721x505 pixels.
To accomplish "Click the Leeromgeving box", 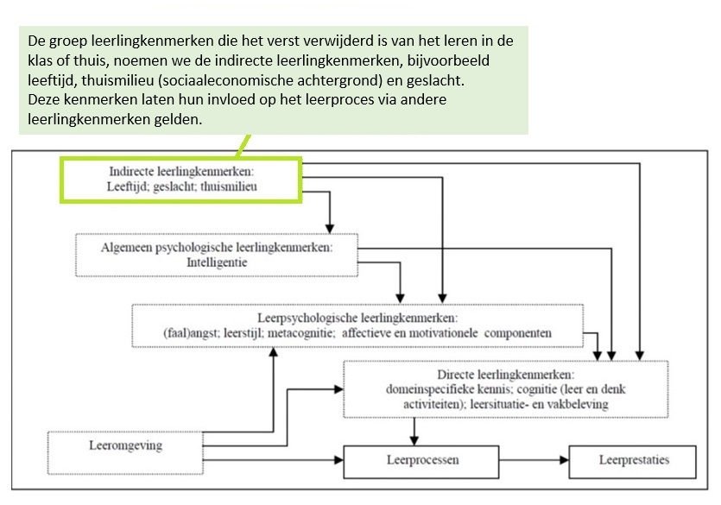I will (x=126, y=446).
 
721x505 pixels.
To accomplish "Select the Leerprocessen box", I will (x=421, y=461).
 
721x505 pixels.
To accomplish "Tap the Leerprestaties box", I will (x=634, y=460).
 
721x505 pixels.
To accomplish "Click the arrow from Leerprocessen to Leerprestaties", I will (x=534, y=462).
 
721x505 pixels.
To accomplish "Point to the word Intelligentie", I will (x=216, y=262).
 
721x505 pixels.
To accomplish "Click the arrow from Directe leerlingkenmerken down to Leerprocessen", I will (x=415, y=428).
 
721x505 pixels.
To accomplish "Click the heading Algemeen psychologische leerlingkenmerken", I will (x=216, y=247).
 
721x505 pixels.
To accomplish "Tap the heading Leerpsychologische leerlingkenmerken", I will (x=357, y=318).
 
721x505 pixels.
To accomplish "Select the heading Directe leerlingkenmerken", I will (x=506, y=375).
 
